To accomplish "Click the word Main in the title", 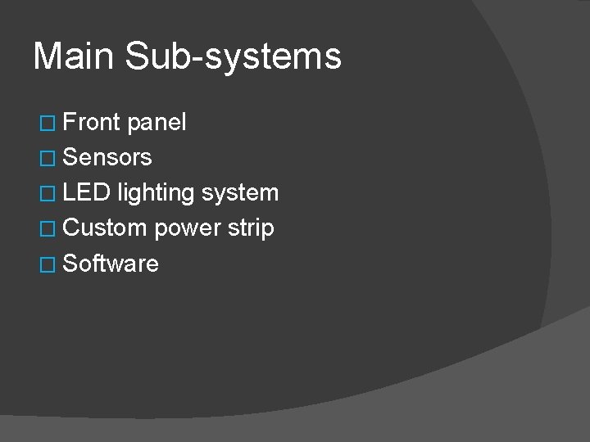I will [79, 56].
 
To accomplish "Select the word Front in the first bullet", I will [92, 123].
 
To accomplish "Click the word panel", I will [157, 124].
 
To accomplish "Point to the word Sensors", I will [107, 157].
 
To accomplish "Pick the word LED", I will [87, 193].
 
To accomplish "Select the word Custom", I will [105, 228].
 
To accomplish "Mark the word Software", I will [111, 264].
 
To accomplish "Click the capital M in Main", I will [48, 56].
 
